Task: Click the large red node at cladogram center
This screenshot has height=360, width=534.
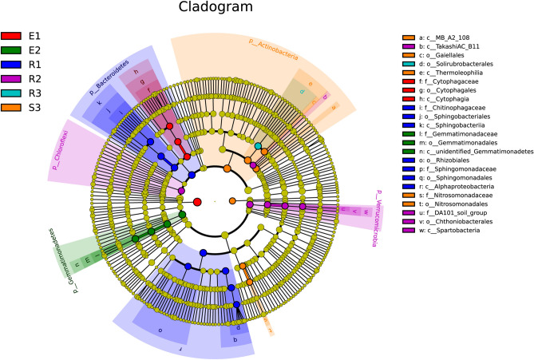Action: click(197, 200)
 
